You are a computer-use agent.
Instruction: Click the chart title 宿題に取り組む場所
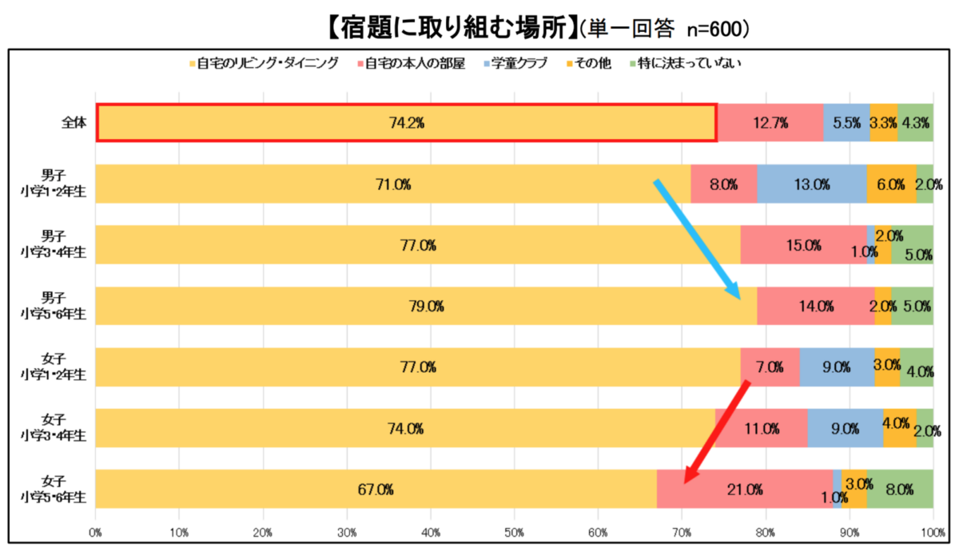point(452,29)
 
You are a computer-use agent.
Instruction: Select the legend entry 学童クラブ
point(520,63)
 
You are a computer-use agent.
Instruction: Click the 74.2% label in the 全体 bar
point(406,123)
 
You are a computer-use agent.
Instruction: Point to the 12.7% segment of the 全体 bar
point(770,123)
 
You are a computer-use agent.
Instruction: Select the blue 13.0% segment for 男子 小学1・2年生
point(812,184)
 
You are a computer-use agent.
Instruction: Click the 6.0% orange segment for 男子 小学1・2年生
point(891,184)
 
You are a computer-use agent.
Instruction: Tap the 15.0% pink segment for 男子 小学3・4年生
point(803,245)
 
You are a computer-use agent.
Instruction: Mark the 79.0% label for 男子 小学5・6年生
point(427,306)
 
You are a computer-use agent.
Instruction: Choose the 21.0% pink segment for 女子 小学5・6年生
point(745,490)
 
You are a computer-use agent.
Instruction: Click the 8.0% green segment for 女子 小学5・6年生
point(900,490)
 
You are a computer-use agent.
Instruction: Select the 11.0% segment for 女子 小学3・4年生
point(761,429)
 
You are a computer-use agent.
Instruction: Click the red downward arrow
point(716,432)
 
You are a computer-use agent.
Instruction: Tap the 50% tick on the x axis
point(515,532)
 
